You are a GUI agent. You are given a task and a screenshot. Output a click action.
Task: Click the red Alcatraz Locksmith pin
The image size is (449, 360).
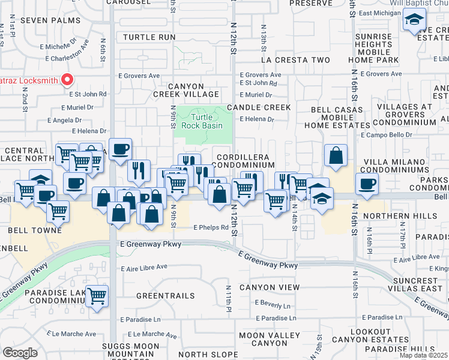(x=68, y=80)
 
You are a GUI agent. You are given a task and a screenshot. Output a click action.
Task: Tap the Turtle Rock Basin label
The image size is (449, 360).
(x=208, y=121)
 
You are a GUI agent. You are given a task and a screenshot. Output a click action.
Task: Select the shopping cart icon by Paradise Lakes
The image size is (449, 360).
(x=97, y=295)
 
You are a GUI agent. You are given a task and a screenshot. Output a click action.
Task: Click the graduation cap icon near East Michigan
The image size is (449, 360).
(x=413, y=21)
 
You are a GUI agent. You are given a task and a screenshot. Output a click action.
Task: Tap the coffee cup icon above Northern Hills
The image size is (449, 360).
(x=366, y=184)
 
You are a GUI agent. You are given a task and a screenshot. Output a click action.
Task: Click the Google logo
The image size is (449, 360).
(x=20, y=352)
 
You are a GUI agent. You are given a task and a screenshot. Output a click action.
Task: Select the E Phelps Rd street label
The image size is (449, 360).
(x=211, y=227)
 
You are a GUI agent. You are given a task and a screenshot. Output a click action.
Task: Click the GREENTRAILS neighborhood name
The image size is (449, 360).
(x=165, y=296)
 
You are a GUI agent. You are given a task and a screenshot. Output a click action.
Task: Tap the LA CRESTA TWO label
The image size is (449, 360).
(x=295, y=60)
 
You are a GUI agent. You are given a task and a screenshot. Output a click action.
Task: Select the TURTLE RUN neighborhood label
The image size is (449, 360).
(x=149, y=37)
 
